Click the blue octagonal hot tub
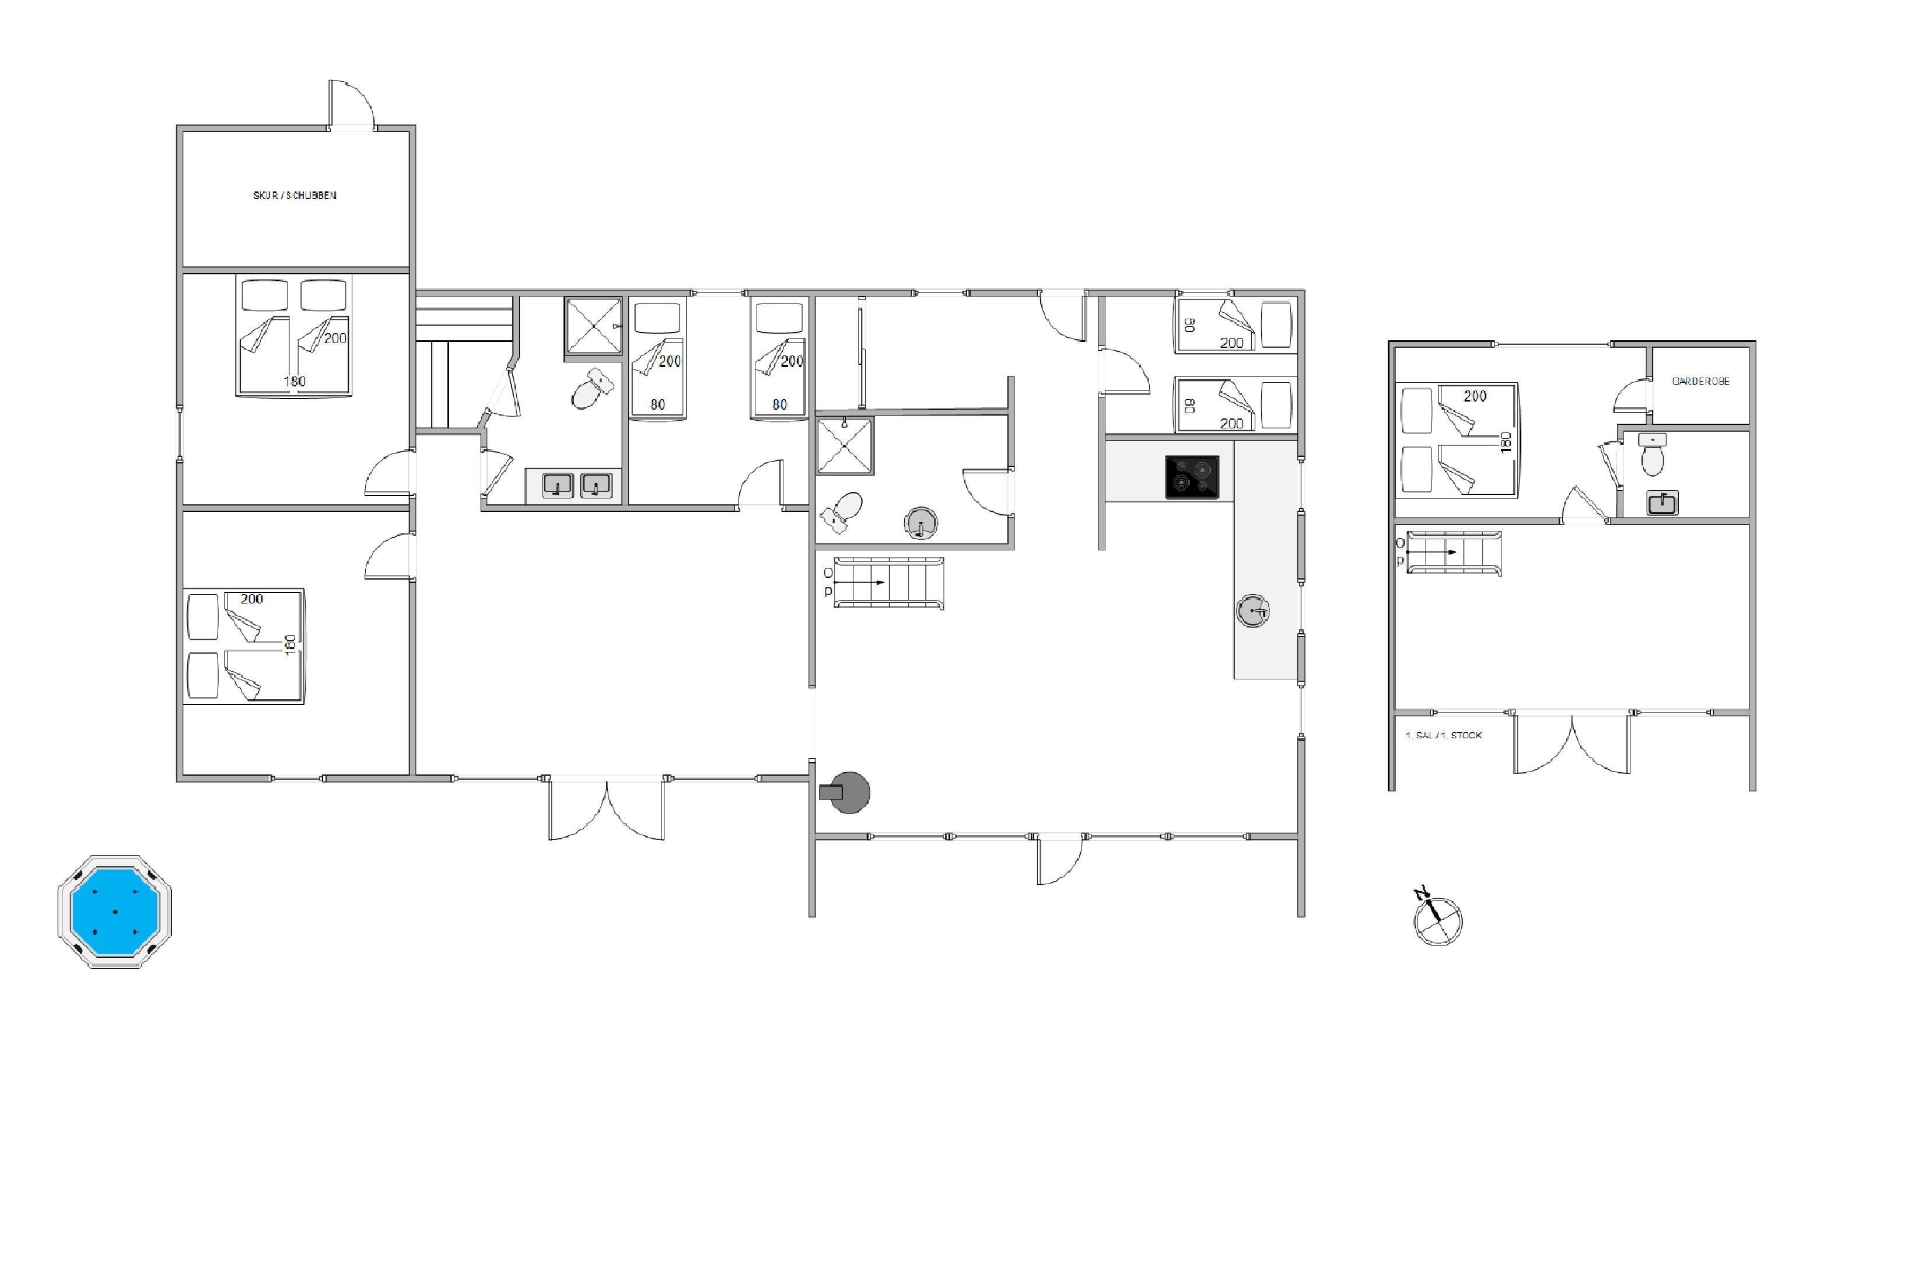[114, 912]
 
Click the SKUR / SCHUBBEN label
[295, 196]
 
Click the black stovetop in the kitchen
[1192, 477]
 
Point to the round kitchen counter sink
[1252, 611]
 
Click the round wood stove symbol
[846, 792]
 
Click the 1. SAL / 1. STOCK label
[1444, 735]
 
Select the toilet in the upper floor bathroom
[1653, 455]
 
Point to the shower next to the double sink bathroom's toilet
[593, 326]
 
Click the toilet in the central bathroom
[841, 512]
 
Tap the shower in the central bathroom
[845, 446]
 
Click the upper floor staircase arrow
[1431, 553]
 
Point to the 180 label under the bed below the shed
[295, 382]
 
